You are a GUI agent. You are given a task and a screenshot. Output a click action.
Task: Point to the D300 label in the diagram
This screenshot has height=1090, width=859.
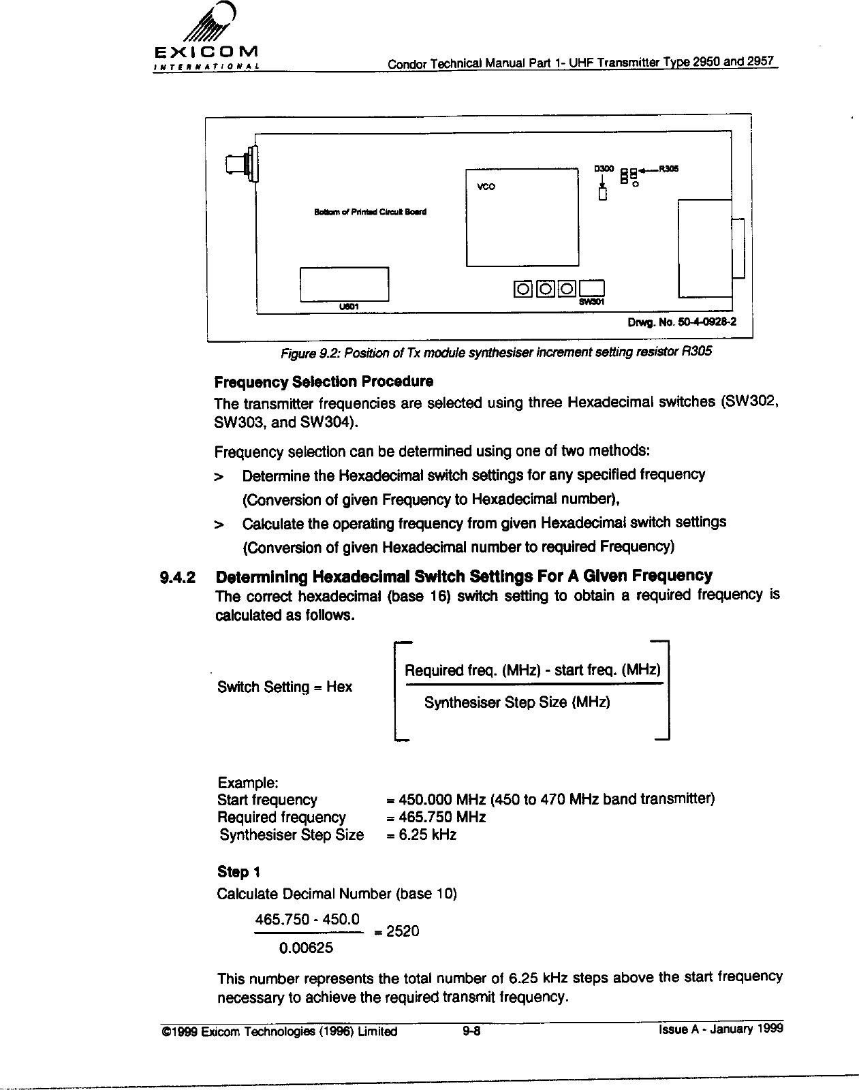pyautogui.click(x=605, y=168)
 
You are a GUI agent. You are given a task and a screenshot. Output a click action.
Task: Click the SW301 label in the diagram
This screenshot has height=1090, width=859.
pyautogui.click(x=592, y=301)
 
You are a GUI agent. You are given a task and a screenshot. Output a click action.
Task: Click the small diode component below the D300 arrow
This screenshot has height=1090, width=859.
pyautogui.click(x=602, y=195)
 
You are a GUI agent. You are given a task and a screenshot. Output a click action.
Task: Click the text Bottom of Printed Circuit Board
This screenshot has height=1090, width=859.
pyautogui.click(x=370, y=212)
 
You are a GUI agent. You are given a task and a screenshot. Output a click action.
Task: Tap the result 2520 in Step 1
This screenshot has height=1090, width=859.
pyautogui.click(x=403, y=931)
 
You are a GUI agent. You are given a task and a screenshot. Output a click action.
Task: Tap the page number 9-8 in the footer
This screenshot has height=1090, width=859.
pyautogui.click(x=470, y=1031)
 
